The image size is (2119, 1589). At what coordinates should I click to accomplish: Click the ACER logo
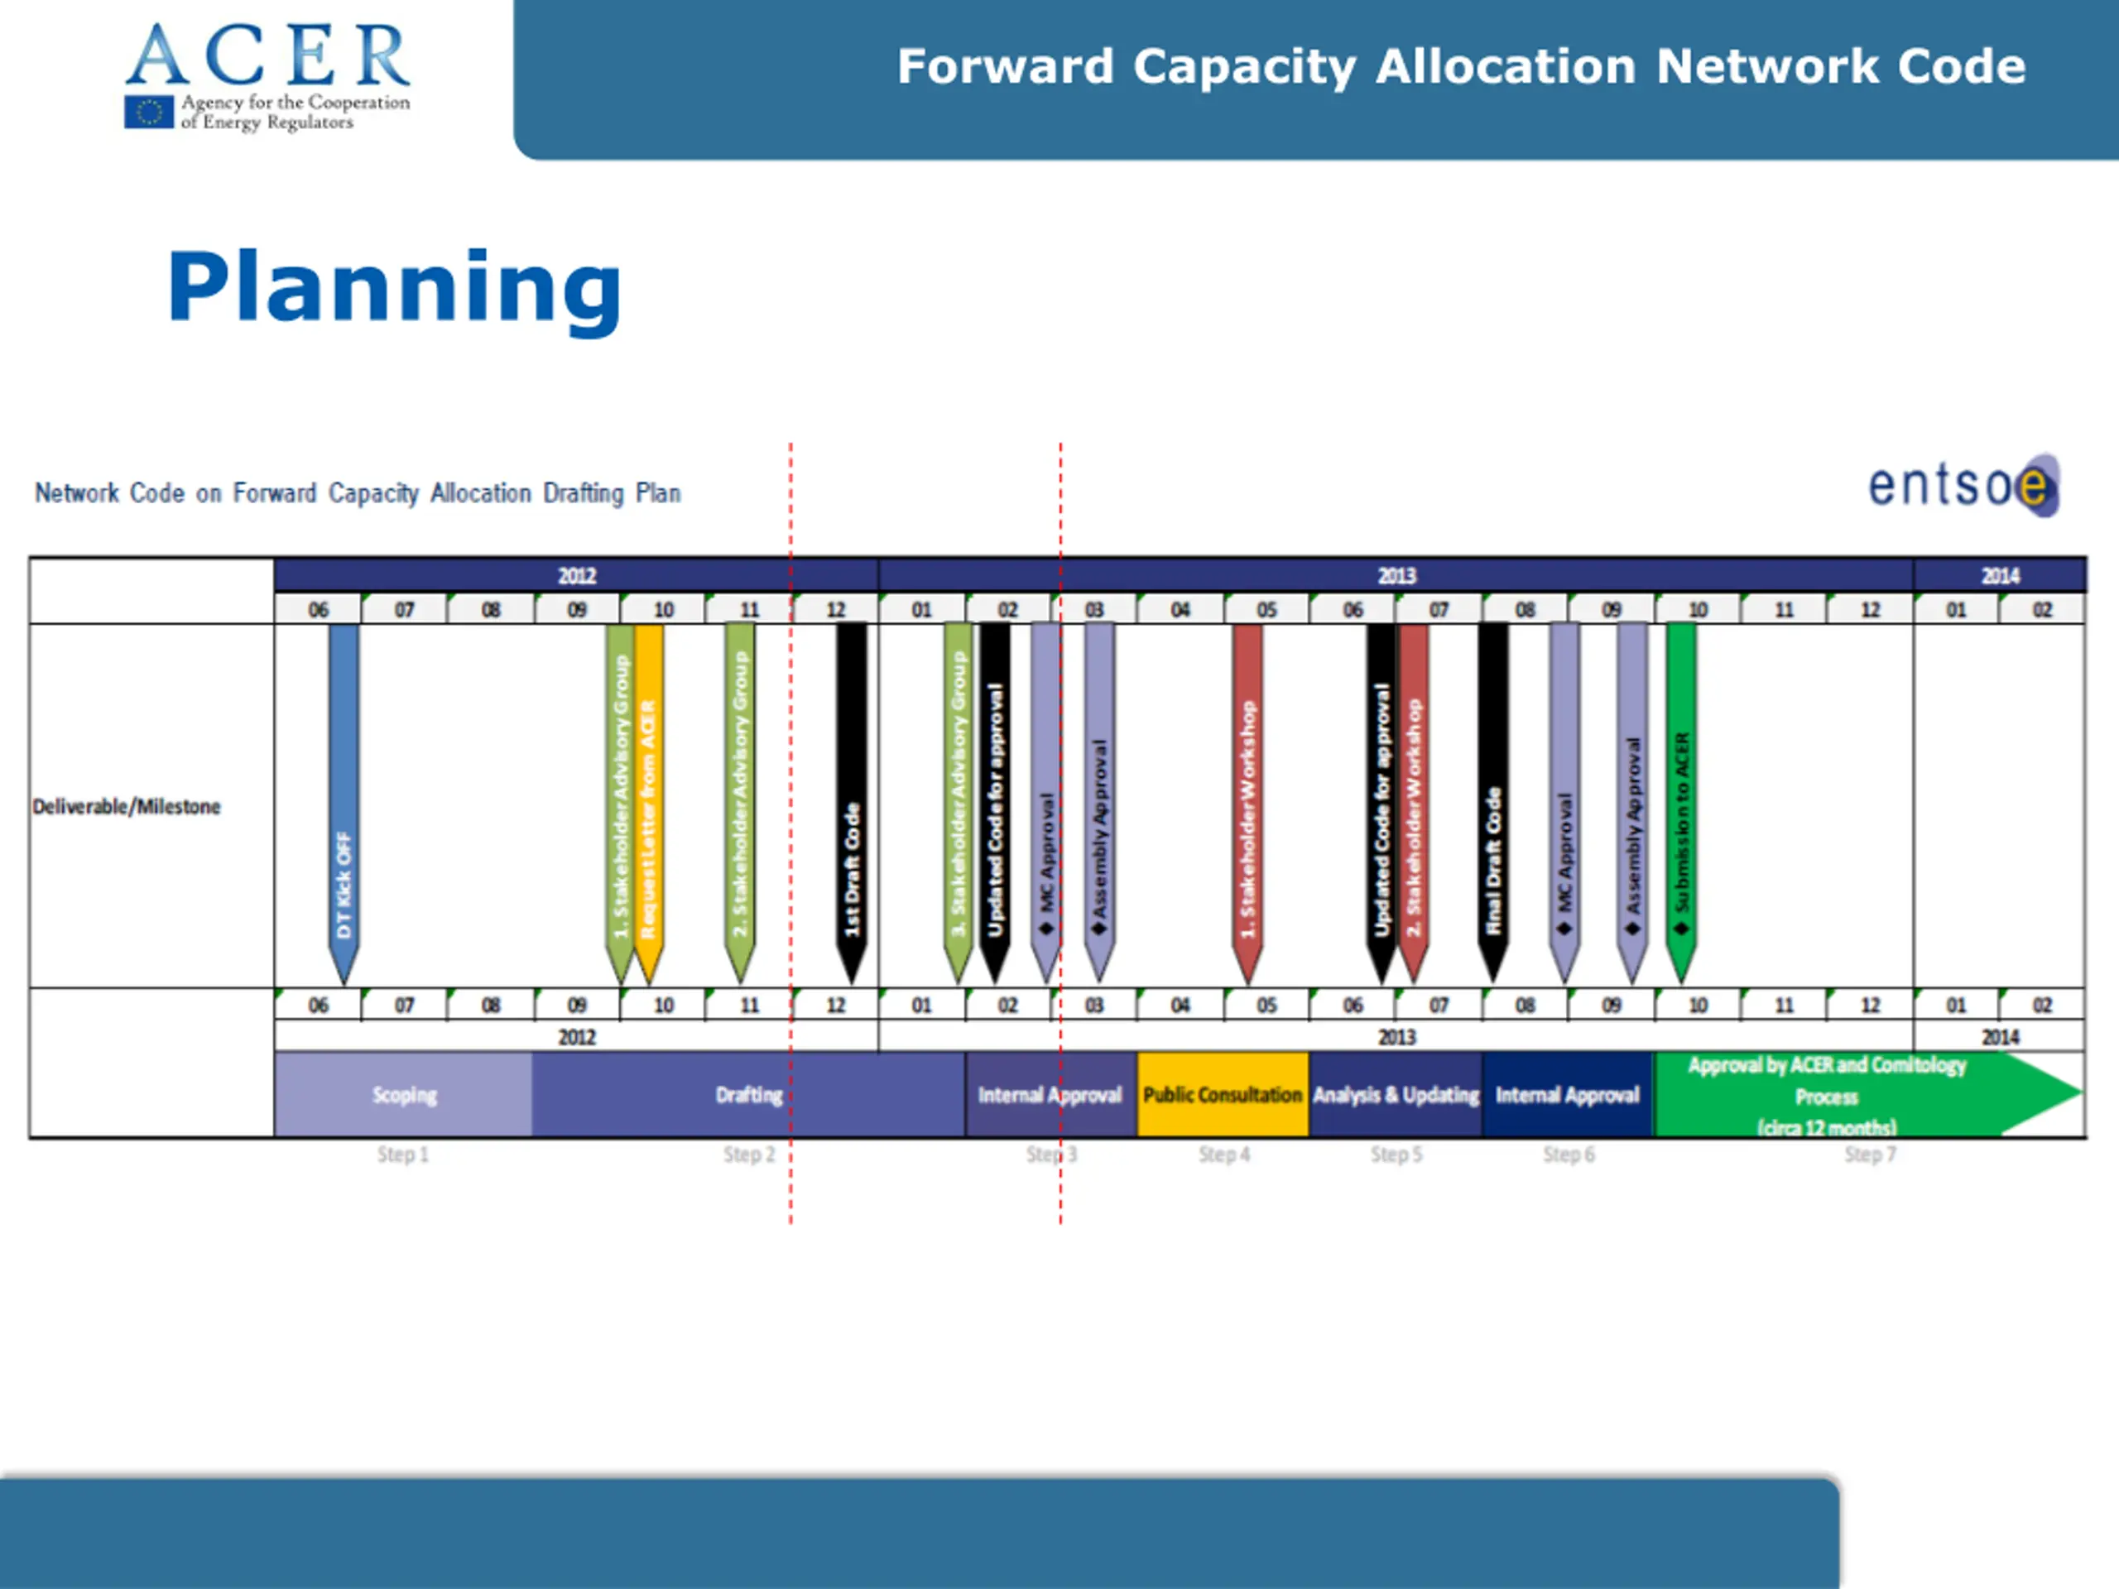click(267, 77)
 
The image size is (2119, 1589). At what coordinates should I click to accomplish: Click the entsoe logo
click(1964, 486)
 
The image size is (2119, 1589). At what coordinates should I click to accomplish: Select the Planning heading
click(395, 287)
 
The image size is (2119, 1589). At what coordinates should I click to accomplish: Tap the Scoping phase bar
click(403, 1095)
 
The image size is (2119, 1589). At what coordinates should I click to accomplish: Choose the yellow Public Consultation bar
click(1223, 1095)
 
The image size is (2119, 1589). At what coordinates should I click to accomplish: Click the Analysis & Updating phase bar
click(1396, 1095)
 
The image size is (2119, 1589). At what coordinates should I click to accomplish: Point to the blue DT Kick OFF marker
click(344, 795)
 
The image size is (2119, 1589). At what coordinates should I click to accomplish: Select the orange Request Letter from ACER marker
click(649, 795)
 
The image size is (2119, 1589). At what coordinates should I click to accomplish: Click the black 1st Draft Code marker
click(852, 795)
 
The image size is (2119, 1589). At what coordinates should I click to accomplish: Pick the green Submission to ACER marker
click(1681, 795)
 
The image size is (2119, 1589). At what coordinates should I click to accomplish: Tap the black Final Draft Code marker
click(1492, 795)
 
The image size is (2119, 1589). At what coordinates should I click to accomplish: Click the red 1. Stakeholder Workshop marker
click(1247, 795)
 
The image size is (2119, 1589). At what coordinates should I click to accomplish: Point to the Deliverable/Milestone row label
click(127, 806)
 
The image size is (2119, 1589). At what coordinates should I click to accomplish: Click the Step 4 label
click(1223, 1155)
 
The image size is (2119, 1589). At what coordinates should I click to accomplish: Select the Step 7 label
click(1869, 1155)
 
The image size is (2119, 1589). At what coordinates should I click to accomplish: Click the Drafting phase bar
click(748, 1095)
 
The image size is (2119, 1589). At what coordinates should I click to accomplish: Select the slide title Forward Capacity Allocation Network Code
click(1461, 67)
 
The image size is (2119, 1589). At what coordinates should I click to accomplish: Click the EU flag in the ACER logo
click(148, 112)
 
